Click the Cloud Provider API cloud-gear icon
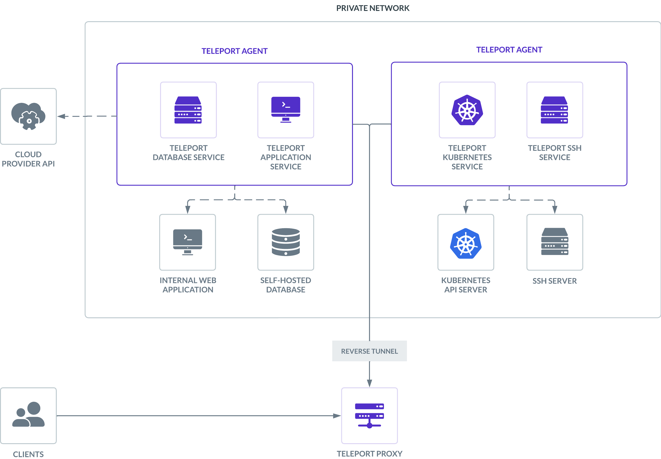point(28,116)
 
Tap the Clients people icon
point(28,414)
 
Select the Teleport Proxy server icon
point(369,415)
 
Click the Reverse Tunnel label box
point(369,351)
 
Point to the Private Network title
point(373,8)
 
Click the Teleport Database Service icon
point(188,110)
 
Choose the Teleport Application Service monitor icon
point(286,110)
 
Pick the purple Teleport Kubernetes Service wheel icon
point(467,110)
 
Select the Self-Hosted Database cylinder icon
point(286,242)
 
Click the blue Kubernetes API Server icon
point(466,243)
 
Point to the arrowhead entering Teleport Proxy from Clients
point(337,415)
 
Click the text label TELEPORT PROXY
point(369,454)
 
